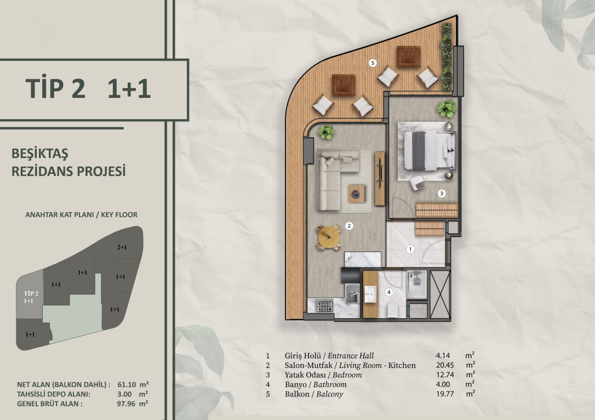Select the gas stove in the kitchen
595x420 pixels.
(x=324, y=306)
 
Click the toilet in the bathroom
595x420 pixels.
(x=393, y=310)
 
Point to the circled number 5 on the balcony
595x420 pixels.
(x=373, y=63)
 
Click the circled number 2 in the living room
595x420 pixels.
(x=349, y=226)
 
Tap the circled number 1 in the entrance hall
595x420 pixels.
(x=410, y=249)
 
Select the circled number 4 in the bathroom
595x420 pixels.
(x=388, y=292)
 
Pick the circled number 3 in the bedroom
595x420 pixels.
(x=441, y=193)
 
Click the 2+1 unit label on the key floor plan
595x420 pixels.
(x=122, y=247)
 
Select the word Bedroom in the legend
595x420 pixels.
(x=347, y=375)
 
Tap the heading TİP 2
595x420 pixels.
(x=55, y=88)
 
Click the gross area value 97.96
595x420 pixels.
(x=126, y=404)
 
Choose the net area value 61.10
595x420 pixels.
(x=127, y=384)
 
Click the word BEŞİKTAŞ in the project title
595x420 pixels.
(x=40, y=154)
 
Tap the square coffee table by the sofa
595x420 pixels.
(x=357, y=194)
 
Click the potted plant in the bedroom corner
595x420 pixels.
(x=446, y=109)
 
